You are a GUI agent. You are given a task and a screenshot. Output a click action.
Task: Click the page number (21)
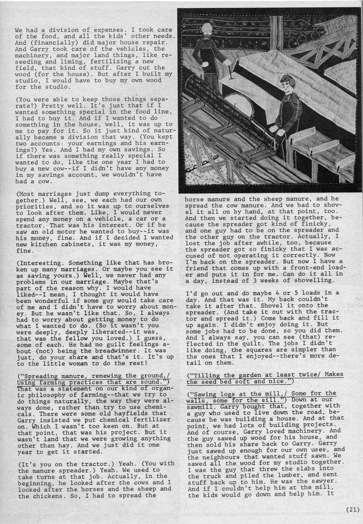(x=352, y=510)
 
